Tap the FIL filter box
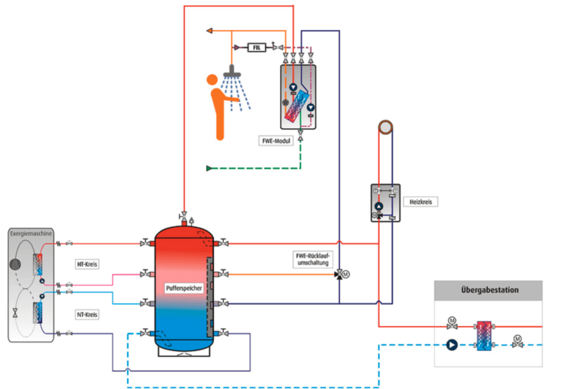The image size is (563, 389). (x=257, y=47)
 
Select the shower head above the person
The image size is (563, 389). (x=235, y=70)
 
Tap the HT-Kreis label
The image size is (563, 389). (x=89, y=264)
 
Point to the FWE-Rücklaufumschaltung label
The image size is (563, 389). (x=312, y=259)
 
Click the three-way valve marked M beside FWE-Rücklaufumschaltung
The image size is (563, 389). (x=339, y=274)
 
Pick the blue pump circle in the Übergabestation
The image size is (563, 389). (x=452, y=346)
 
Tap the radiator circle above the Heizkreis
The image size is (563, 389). (x=385, y=127)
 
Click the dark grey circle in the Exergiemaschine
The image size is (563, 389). (x=17, y=264)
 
